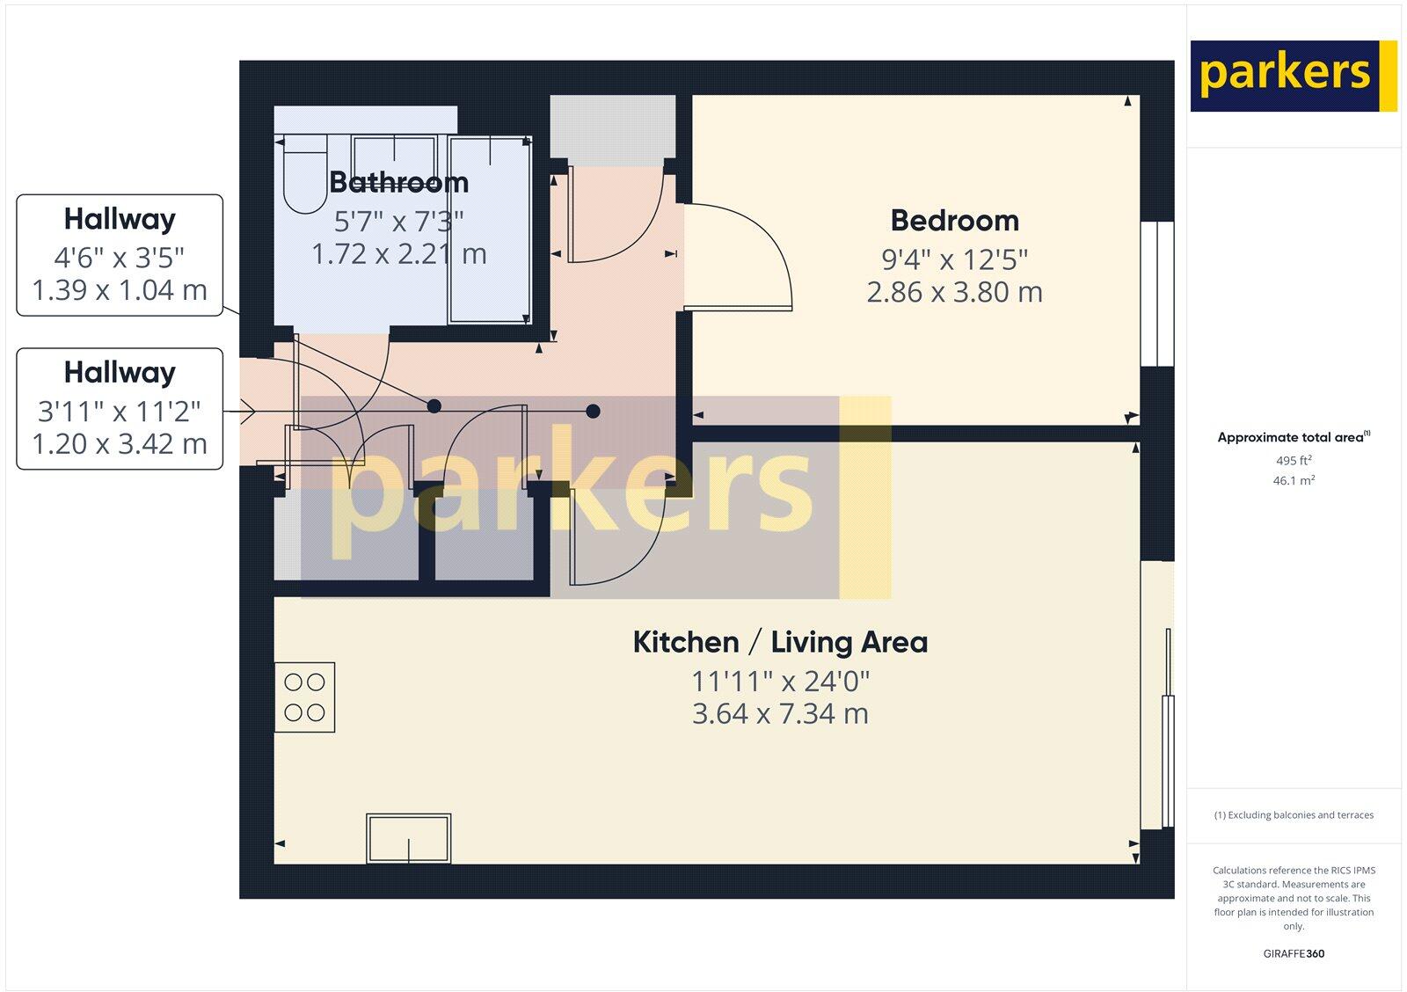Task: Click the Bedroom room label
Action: click(954, 220)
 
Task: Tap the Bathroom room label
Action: click(398, 182)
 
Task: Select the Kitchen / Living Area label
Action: click(780, 642)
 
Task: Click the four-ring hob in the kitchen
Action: click(304, 697)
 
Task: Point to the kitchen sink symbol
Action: click(409, 838)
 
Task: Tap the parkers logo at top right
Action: click(1293, 76)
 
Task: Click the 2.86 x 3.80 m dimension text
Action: click(954, 292)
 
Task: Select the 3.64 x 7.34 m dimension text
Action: click(780, 713)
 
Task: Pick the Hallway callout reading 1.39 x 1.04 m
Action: click(120, 255)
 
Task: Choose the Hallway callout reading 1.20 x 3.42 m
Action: click(120, 409)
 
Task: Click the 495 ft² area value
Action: click(1293, 461)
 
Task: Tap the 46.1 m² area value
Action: click(1293, 481)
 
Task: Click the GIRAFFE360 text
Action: click(1293, 953)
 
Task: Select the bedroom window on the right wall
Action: click(1157, 293)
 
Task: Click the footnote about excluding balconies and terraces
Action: click(1293, 815)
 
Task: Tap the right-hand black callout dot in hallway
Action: click(594, 411)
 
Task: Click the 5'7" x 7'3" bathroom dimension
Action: click(398, 220)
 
